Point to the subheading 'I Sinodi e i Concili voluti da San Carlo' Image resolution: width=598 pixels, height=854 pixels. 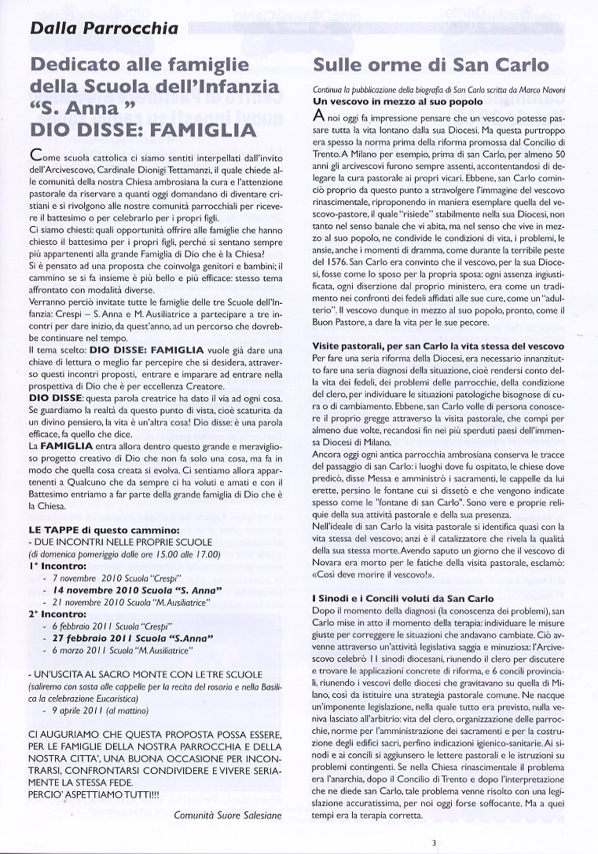pos(404,598)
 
